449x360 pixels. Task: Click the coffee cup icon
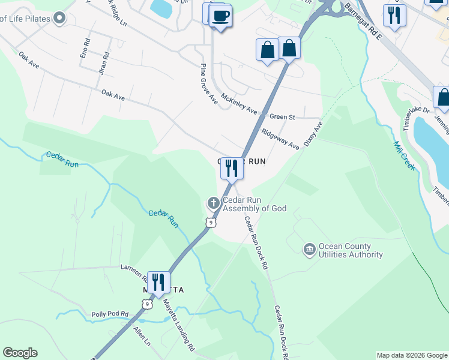tap(220, 16)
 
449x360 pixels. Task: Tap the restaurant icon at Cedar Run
tap(232, 169)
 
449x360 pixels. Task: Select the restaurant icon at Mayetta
tap(158, 283)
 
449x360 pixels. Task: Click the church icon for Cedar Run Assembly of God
tap(212, 203)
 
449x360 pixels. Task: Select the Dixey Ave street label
tap(313, 134)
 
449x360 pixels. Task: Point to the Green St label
tap(282, 117)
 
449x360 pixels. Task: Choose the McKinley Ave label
tap(238, 104)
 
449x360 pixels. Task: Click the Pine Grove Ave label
tap(208, 83)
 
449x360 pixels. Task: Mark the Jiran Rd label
tap(104, 62)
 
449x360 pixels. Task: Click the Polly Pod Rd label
tap(110, 314)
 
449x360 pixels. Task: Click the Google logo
tap(20, 353)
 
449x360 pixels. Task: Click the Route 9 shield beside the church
tap(209, 223)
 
